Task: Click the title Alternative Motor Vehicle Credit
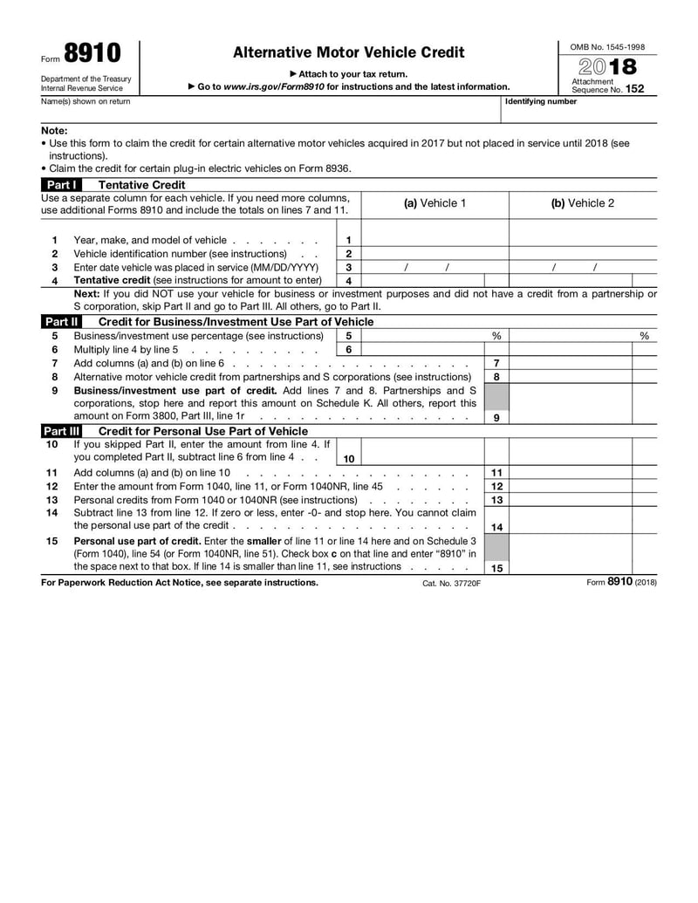coord(349,53)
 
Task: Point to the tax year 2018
coord(607,67)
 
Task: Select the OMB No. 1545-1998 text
coord(607,46)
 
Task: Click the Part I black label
coord(61,185)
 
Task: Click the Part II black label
coord(61,322)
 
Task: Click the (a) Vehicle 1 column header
coord(434,203)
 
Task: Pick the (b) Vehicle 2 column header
coord(582,203)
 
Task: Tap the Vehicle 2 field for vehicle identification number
coord(583,253)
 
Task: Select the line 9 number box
coord(496,417)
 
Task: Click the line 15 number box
coord(496,567)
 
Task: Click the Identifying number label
coord(541,102)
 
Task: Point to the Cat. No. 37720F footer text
coord(451,583)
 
